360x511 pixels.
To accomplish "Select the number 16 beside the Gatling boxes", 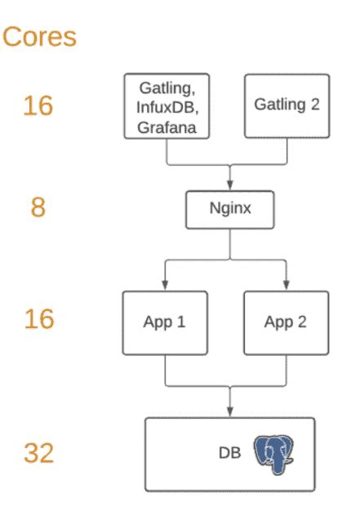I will (x=38, y=106).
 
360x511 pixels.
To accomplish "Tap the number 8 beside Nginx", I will (x=38, y=207).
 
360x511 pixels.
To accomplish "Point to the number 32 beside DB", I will (x=38, y=451).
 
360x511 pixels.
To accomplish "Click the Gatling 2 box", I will (x=287, y=105).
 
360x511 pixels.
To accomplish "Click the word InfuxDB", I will (x=167, y=106).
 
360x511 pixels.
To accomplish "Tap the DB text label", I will (x=230, y=452).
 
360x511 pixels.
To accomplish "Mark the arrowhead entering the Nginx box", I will (x=229, y=185).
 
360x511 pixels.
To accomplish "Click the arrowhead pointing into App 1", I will (x=167, y=285).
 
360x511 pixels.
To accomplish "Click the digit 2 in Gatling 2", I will (x=315, y=104).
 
